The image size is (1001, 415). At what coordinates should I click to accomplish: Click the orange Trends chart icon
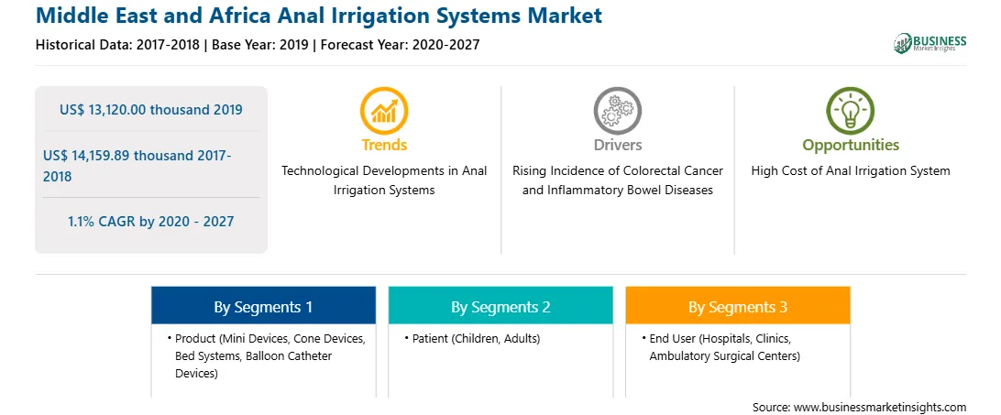(x=384, y=111)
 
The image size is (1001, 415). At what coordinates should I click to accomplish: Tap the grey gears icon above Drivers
(x=617, y=111)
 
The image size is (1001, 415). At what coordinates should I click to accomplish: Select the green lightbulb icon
(x=851, y=111)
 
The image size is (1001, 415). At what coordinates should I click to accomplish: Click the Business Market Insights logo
(x=930, y=43)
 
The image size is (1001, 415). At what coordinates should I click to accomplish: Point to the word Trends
(x=384, y=145)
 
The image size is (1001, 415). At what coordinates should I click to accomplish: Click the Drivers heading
(x=617, y=145)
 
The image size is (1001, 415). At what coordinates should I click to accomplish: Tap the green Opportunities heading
(x=851, y=146)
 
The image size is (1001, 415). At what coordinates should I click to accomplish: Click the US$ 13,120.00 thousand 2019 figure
(x=151, y=110)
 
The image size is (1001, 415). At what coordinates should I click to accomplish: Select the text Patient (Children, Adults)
(x=477, y=339)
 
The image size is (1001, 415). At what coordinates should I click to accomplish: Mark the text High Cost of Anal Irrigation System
(x=851, y=171)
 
